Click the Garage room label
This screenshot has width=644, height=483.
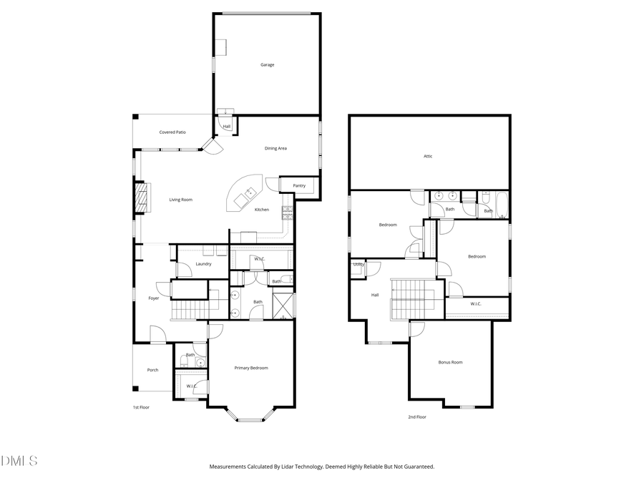pyautogui.click(x=267, y=65)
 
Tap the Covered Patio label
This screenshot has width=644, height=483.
pyautogui.click(x=172, y=132)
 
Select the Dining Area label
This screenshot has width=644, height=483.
pyautogui.click(x=275, y=148)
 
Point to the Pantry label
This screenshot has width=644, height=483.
pyautogui.click(x=299, y=186)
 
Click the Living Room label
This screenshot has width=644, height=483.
pyautogui.click(x=180, y=200)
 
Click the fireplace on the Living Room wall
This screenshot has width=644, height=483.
pyautogui.click(x=142, y=198)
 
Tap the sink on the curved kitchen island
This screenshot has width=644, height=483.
pyautogui.click(x=251, y=192)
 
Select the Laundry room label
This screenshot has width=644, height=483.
pyautogui.click(x=203, y=264)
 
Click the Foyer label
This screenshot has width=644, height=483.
pyautogui.click(x=154, y=298)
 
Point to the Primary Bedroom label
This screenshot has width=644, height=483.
pyautogui.click(x=251, y=368)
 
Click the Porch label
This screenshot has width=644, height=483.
pyautogui.click(x=152, y=370)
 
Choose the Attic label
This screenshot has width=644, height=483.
pyautogui.click(x=428, y=156)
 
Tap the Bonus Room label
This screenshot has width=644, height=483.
pyautogui.click(x=450, y=362)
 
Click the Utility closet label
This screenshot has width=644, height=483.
pyautogui.click(x=358, y=265)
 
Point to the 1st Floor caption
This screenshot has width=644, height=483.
pyautogui.click(x=140, y=407)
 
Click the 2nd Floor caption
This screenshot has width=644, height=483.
pyautogui.click(x=416, y=416)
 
